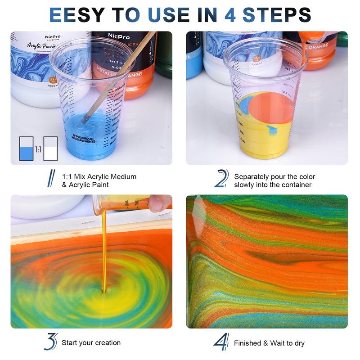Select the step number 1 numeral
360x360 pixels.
click(x=51, y=177)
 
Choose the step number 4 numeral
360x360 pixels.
click(x=221, y=342)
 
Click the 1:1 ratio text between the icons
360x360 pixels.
click(x=38, y=148)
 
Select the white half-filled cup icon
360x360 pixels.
click(x=50, y=148)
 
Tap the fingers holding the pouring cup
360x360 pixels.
click(x=159, y=202)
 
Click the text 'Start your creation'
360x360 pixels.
click(x=91, y=343)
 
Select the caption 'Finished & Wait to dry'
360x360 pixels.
click(x=269, y=343)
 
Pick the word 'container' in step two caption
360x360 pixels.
click(x=296, y=185)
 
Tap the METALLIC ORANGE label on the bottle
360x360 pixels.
click(x=124, y=74)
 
